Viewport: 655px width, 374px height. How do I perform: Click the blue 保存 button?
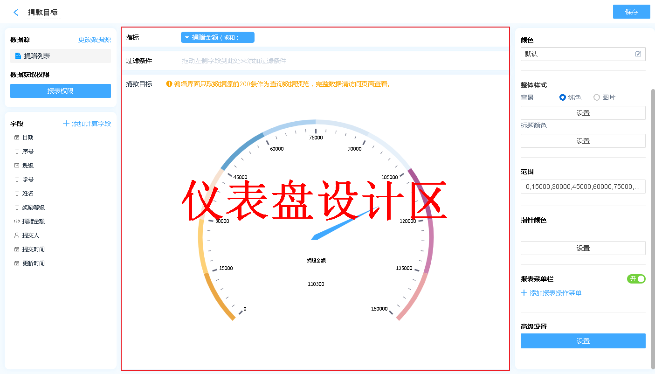pyautogui.click(x=631, y=12)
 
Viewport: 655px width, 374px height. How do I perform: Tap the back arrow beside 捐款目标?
pyautogui.click(x=16, y=12)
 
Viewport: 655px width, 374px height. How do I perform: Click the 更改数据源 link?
pyautogui.click(x=95, y=40)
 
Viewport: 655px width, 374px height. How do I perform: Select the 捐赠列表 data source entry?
pyautogui.click(x=61, y=56)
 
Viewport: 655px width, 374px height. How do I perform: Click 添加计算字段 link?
pyautogui.click(x=87, y=124)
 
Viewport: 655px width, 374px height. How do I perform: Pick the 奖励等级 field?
pyautogui.click(x=34, y=208)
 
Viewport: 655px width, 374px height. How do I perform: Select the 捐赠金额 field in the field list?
pyautogui.click(x=34, y=222)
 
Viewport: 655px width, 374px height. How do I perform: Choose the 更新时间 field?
pyautogui.click(x=34, y=263)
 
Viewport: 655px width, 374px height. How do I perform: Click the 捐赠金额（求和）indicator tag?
pyautogui.click(x=218, y=37)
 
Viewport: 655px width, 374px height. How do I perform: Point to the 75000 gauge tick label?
pyautogui.click(x=316, y=138)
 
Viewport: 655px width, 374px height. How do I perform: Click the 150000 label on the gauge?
pyautogui.click(x=379, y=309)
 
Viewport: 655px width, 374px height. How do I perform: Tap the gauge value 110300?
pyautogui.click(x=316, y=284)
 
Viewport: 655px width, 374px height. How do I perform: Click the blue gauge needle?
pyautogui.click(x=345, y=223)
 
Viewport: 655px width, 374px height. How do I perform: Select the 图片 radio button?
pyautogui.click(x=597, y=97)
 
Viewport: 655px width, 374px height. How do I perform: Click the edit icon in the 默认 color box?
pyautogui.click(x=638, y=54)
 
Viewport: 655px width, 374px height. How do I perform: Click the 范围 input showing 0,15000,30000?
pyautogui.click(x=583, y=187)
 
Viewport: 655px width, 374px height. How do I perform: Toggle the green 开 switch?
pyautogui.click(x=636, y=279)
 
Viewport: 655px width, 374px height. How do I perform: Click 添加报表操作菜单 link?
pyautogui.click(x=551, y=293)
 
